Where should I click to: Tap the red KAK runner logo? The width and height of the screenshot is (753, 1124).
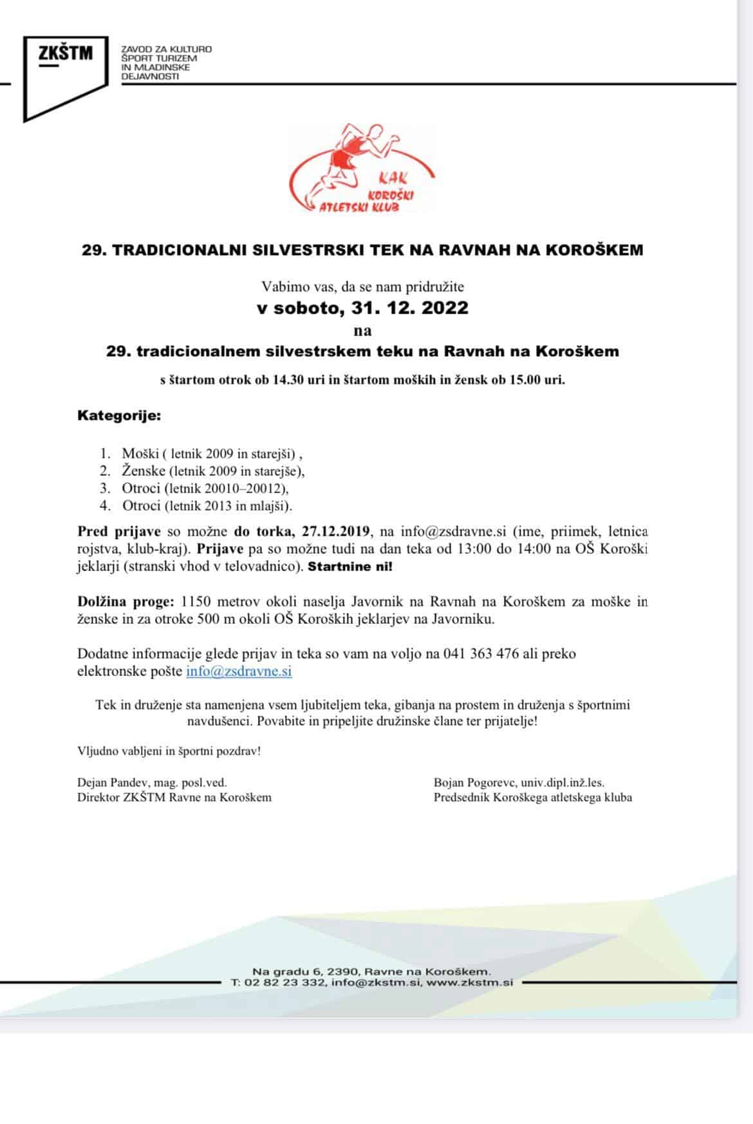click(362, 169)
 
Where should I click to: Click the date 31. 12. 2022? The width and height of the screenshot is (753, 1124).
click(410, 308)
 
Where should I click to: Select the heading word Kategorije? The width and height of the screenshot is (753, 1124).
click(119, 415)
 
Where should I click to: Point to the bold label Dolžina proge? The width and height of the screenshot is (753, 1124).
click(126, 602)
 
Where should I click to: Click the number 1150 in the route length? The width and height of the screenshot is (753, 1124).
click(197, 602)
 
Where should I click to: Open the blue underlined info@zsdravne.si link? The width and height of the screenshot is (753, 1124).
click(239, 671)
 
